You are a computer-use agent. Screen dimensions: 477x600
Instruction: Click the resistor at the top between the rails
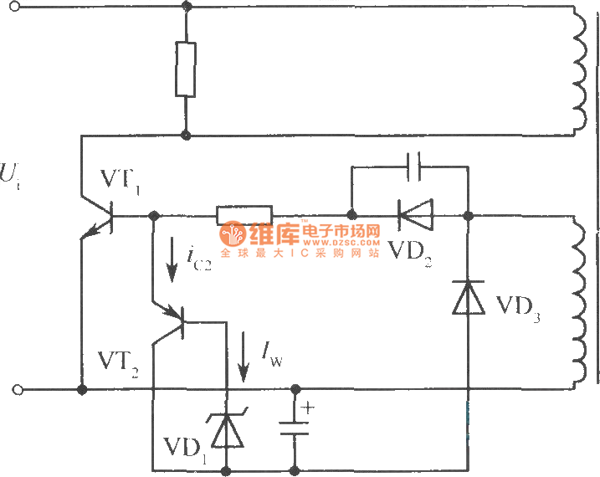click(186, 69)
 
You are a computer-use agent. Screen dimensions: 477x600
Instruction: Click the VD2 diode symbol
click(414, 215)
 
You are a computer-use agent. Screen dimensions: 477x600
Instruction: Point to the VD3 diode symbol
click(468, 298)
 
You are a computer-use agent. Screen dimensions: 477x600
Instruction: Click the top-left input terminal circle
click(19, 7)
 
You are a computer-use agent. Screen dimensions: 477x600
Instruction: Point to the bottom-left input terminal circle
click(19, 390)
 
